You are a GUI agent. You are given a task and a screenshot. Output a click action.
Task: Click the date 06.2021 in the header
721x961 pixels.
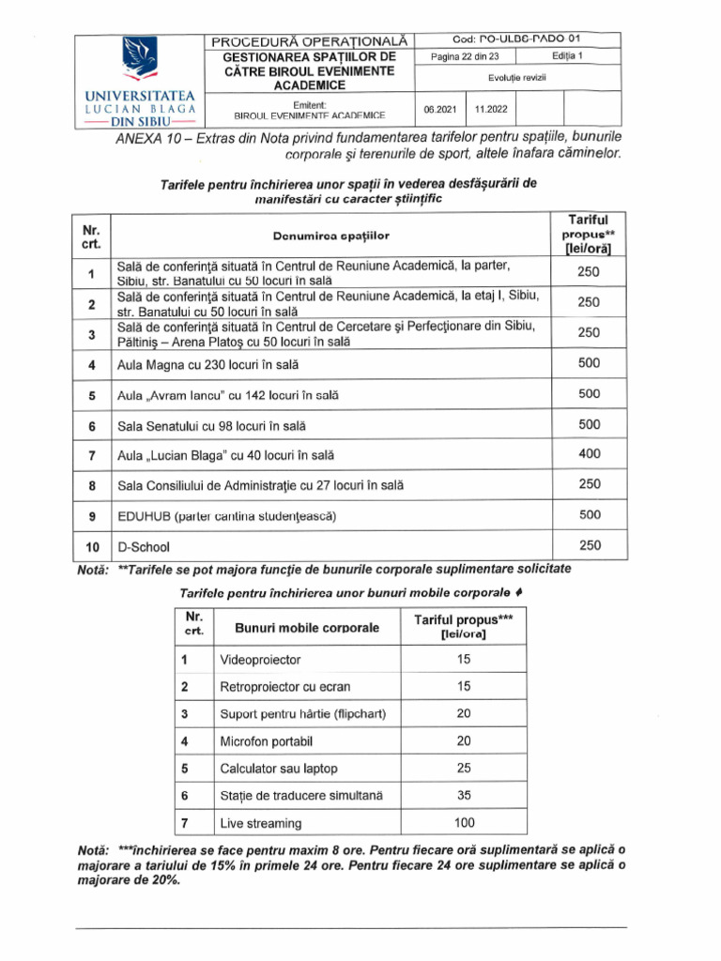439,108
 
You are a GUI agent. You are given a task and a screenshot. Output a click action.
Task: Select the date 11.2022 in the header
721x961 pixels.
491,108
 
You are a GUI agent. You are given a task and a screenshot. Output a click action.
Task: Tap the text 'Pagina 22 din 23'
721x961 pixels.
467,56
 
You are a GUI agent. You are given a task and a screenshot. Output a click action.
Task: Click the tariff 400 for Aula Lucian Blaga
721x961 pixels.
588,454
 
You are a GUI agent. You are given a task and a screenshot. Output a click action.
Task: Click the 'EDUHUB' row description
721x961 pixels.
225,516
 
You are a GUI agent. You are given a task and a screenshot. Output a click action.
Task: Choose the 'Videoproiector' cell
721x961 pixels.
256,660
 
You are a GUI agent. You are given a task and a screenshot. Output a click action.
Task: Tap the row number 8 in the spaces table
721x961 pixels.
92,486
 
